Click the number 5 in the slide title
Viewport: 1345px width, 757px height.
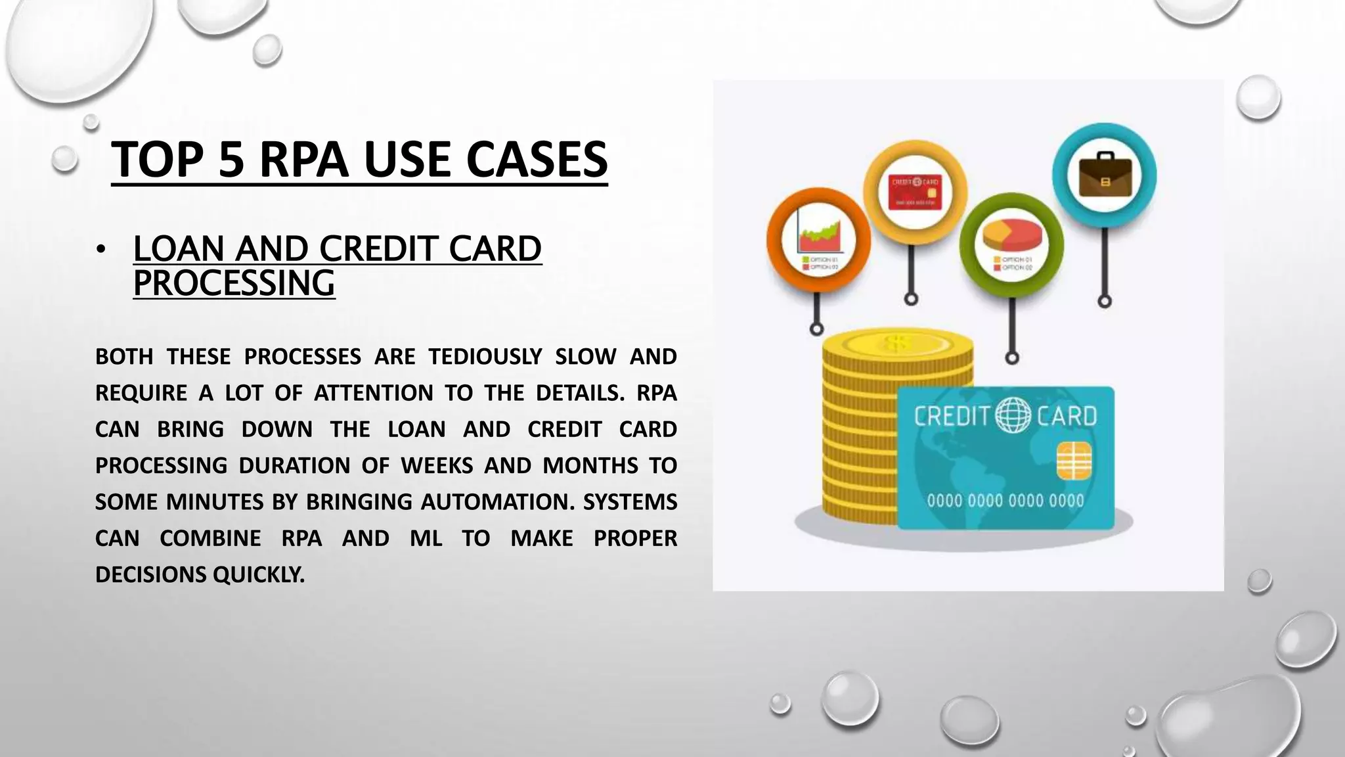pyautogui.click(x=231, y=160)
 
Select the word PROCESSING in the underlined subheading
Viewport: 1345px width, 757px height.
pyautogui.click(x=234, y=283)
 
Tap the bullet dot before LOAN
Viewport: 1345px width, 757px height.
pyautogui.click(x=100, y=250)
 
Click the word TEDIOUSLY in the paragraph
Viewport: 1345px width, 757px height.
pyautogui.click(x=485, y=357)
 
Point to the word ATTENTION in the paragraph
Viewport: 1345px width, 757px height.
pyautogui.click(x=373, y=393)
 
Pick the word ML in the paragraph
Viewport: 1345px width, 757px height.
pyautogui.click(x=426, y=538)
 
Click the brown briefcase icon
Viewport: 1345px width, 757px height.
pyautogui.click(x=1105, y=176)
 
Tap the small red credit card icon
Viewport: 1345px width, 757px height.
pyautogui.click(x=915, y=192)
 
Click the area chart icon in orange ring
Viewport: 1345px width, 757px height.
pyautogui.click(x=818, y=238)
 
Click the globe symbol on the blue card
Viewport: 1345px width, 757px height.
pyautogui.click(x=1014, y=415)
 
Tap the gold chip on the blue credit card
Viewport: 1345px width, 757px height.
pyautogui.click(x=1074, y=460)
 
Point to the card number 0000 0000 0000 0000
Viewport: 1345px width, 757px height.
pyautogui.click(x=1005, y=501)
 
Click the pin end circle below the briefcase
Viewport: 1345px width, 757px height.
pyautogui.click(x=1105, y=302)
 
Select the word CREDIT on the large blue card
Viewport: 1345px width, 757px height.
pyautogui.click(x=952, y=416)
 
